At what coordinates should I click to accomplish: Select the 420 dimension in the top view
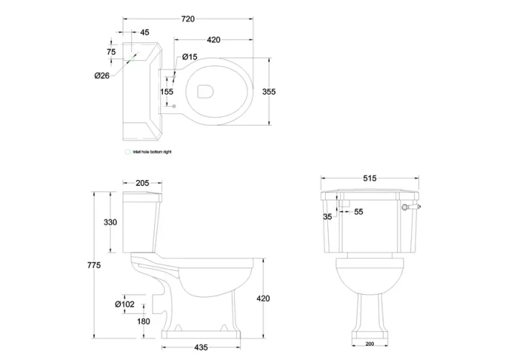pyautogui.click(x=213, y=40)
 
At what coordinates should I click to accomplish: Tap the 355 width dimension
pyautogui.click(x=269, y=92)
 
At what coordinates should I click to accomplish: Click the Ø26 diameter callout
pyautogui.click(x=101, y=75)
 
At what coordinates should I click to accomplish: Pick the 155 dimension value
pyautogui.click(x=167, y=92)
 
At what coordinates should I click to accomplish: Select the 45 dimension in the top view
pyautogui.click(x=144, y=32)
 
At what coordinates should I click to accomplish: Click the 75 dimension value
pyautogui.click(x=111, y=52)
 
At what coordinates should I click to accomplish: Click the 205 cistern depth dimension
pyautogui.click(x=142, y=183)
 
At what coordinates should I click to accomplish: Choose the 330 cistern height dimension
pyautogui.click(x=110, y=223)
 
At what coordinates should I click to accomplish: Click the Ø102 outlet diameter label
pyautogui.click(x=125, y=303)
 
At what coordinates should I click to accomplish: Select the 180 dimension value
pyautogui.click(x=144, y=321)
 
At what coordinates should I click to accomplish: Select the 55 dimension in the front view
pyautogui.click(x=359, y=212)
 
